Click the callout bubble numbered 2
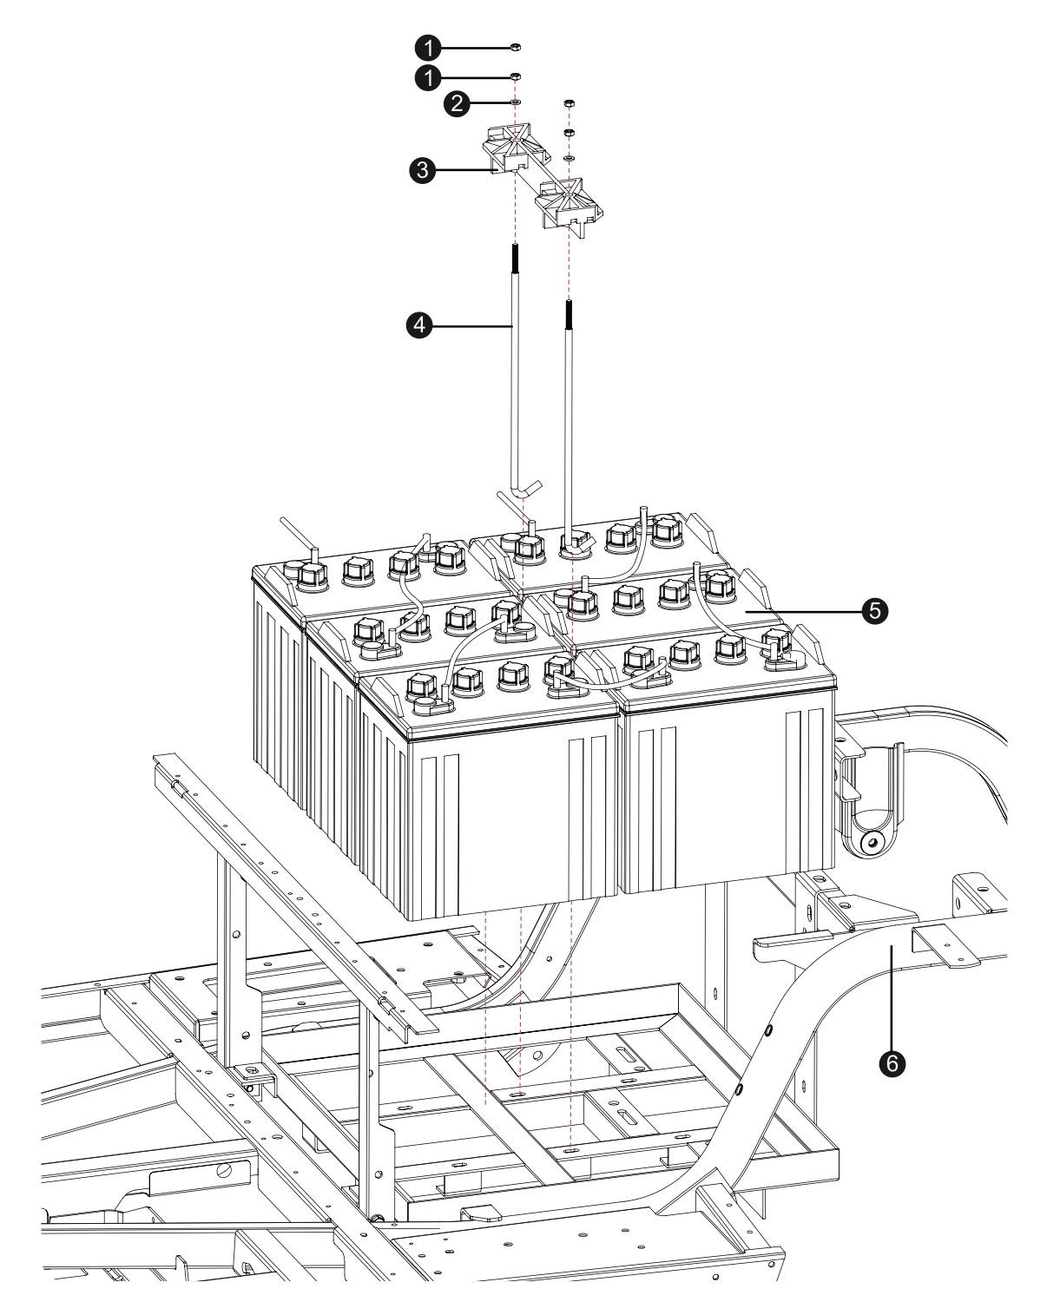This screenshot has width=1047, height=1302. click(x=457, y=103)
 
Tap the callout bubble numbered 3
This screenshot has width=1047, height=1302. click(x=425, y=171)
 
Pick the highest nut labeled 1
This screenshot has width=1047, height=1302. click(x=515, y=47)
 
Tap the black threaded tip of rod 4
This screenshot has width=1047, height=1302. click(x=516, y=259)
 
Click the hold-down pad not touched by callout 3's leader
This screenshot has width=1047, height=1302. click(x=567, y=202)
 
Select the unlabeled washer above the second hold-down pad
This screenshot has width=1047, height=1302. click(x=569, y=159)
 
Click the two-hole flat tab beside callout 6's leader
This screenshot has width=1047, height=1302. click(x=945, y=944)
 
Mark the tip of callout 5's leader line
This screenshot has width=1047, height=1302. click(x=745, y=611)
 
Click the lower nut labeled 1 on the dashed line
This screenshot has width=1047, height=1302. click(x=515, y=76)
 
